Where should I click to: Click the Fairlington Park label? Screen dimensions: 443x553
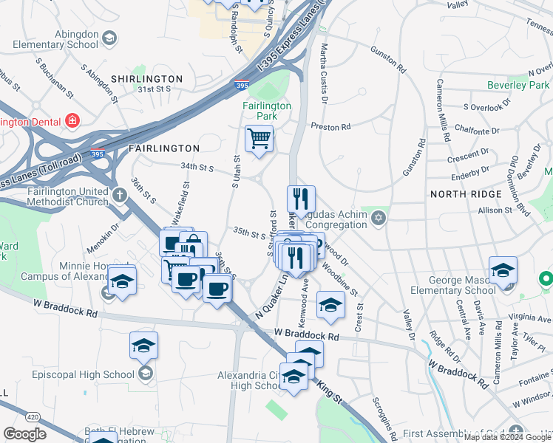coord(267,111)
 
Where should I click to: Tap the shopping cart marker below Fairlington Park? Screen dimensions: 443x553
coord(259,138)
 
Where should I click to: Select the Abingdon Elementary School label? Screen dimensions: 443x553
coord(55,39)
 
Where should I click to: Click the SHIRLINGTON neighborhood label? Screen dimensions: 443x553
coord(146,79)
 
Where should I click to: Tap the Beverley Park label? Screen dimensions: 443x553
coord(518,85)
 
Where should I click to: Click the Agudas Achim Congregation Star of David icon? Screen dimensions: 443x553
coord(380,219)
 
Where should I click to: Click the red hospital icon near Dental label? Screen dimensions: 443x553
coord(73,120)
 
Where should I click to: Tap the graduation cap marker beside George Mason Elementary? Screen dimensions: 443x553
coord(503,270)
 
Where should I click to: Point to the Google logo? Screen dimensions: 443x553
coord(25,434)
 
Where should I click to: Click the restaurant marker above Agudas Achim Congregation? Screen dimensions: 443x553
coord(301,199)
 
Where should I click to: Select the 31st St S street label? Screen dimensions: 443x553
coord(154,89)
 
